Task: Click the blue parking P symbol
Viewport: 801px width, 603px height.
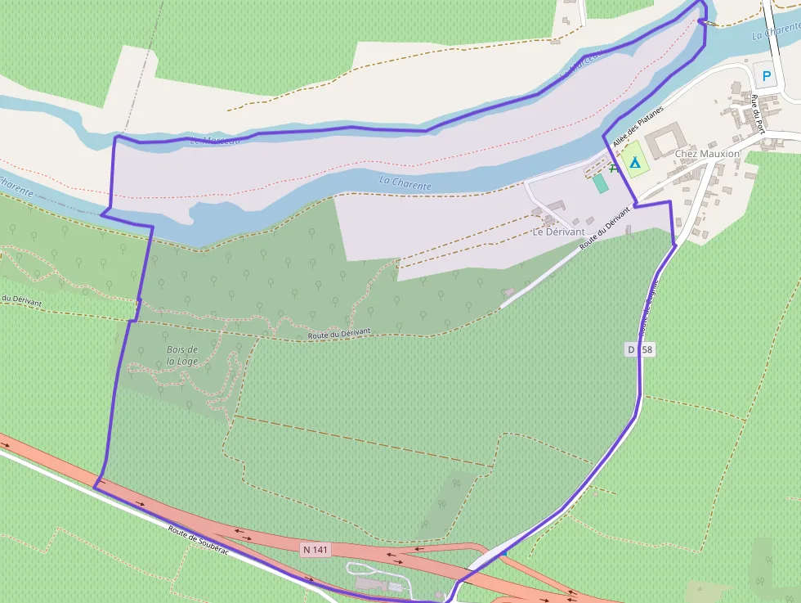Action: [x=766, y=78]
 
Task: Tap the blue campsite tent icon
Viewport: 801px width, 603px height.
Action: [x=634, y=161]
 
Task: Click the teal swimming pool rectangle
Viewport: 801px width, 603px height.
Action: [x=601, y=182]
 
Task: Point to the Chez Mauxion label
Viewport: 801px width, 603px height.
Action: [x=707, y=154]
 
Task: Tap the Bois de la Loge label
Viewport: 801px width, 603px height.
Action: [x=182, y=355]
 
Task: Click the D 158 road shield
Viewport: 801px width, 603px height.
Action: [x=641, y=349]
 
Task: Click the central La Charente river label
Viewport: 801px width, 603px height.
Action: [x=405, y=184]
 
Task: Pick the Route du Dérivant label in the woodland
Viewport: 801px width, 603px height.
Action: [x=339, y=334]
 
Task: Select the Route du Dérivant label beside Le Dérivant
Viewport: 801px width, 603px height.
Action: [x=605, y=227]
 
